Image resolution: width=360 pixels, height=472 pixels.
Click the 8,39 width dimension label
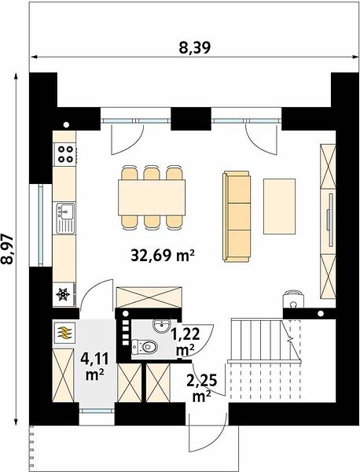point(195,48)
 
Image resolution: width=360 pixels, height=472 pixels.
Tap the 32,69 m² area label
point(163,256)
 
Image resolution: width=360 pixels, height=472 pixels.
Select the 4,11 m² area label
point(94,367)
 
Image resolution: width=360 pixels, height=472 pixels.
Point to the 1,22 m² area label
point(185,342)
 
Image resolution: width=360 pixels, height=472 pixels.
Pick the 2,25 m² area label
point(202,389)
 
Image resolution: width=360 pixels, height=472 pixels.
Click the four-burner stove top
point(64,154)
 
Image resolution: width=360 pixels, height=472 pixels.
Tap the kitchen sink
point(65,218)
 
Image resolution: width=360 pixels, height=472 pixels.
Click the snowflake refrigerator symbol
point(63,294)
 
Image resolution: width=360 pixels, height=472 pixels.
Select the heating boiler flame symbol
point(64,334)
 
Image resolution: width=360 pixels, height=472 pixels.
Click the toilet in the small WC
point(145,347)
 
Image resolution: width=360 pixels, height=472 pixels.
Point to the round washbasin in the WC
point(162,326)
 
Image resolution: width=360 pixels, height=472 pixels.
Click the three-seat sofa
point(237,216)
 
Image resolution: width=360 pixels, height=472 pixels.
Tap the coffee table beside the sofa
point(279,206)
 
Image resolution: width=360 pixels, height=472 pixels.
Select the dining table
point(152,197)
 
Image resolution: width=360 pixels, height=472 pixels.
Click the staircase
point(265,360)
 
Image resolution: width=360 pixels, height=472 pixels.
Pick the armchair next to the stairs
point(293,299)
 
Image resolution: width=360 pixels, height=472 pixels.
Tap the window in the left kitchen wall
point(41,225)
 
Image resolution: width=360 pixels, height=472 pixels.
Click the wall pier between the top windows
point(191,119)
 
